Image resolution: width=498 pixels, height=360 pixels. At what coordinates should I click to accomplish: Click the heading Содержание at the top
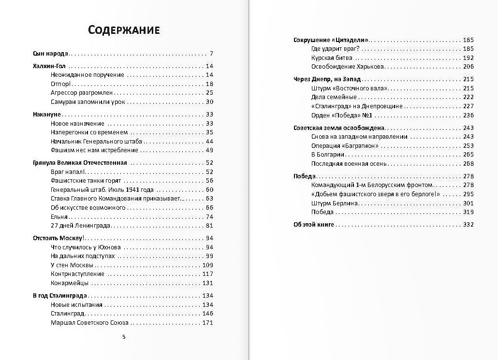(x=124, y=30)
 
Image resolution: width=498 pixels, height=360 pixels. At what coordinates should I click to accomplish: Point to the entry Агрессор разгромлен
(x=82, y=93)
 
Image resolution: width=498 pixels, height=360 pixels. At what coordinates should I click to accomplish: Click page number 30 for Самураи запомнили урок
(x=209, y=101)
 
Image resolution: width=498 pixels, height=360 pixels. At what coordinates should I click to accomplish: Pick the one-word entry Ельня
(x=59, y=216)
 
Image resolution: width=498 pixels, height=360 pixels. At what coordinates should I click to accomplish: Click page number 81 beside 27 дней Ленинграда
(x=209, y=226)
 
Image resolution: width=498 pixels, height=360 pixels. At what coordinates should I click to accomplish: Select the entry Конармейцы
(x=70, y=283)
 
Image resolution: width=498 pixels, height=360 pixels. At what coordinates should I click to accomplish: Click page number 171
(x=208, y=323)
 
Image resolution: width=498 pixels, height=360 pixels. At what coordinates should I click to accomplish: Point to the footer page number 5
(x=124, y=337)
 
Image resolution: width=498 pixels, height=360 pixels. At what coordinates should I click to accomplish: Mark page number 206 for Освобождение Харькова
(x=468, y=67)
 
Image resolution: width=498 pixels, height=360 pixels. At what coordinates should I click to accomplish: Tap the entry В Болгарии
(x=328, y=155)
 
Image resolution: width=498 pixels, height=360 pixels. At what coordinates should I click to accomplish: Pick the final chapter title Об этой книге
(x=314, y=225)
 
